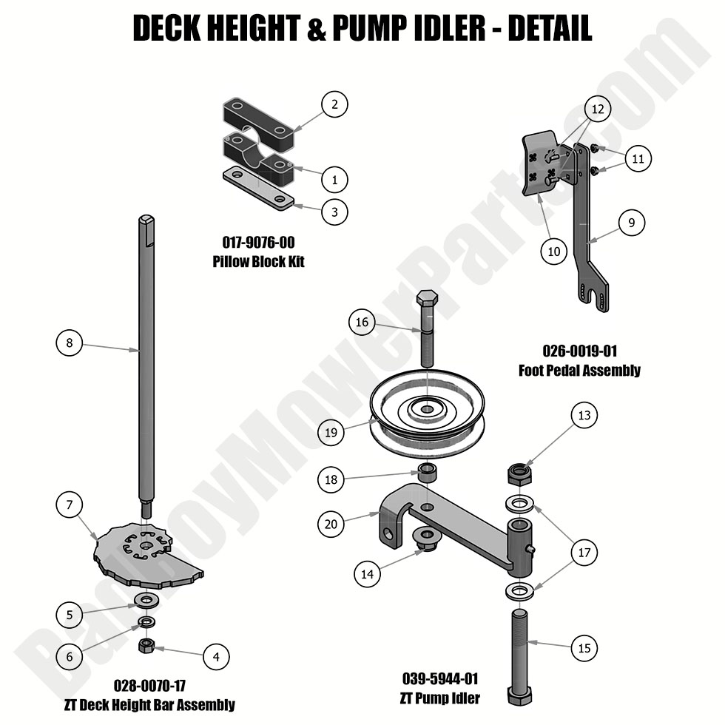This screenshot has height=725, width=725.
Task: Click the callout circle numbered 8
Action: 69,343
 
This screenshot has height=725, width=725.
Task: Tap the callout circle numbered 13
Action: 584,416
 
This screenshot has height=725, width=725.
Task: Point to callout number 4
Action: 216,655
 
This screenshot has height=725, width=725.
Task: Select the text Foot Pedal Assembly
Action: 579,370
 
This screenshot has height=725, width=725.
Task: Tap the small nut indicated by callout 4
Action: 146,645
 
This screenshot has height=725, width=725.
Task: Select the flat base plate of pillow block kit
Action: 257,189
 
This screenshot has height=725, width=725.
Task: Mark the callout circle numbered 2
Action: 334,104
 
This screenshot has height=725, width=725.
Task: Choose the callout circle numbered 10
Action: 554,252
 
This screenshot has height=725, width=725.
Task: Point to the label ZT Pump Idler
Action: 441,698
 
